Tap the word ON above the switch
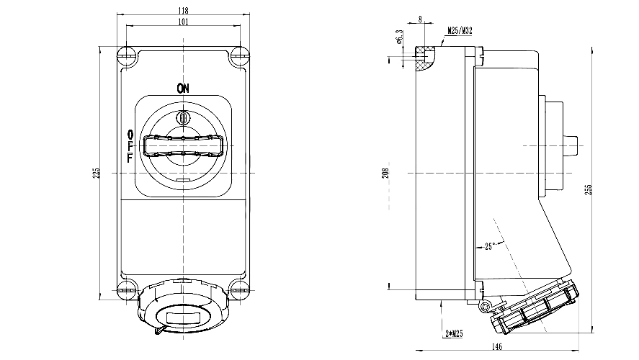coord(183,89)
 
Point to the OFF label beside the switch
coord(130,146)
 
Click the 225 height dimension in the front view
coord(96,173)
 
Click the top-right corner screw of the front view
coord(238,55)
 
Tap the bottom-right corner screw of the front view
coord(238,292)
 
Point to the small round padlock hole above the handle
coord(183,117)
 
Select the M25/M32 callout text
coord(460,31)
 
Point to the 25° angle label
coord(490,246)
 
